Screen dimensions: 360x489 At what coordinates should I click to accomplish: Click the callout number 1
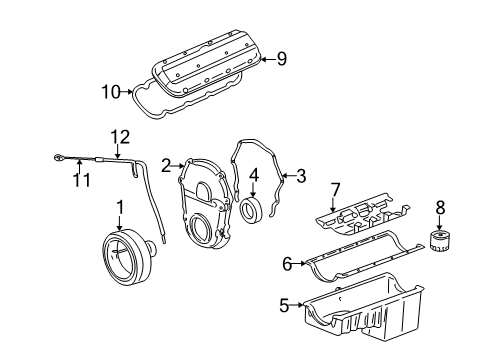click(120, 207)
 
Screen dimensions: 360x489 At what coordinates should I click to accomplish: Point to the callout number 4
click(254, 173)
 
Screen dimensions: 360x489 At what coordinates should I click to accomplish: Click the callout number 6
click(287, 263)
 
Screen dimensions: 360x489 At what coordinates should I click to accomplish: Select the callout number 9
click(281, 58)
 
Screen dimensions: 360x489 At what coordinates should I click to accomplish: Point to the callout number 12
click(120, 136)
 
